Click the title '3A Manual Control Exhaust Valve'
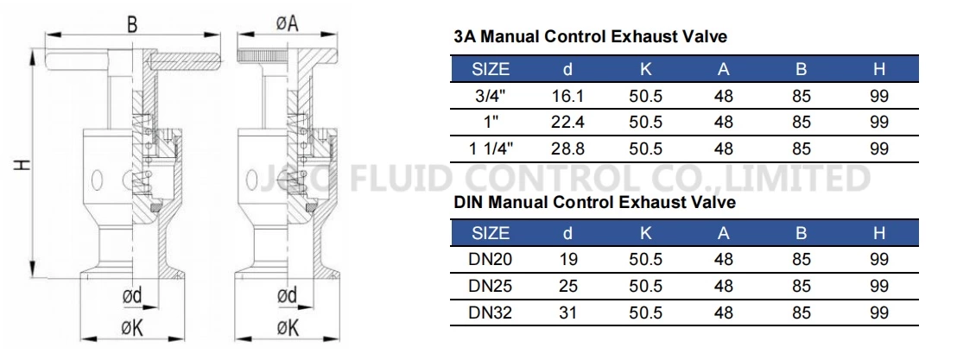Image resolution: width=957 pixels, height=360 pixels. pos(591,37)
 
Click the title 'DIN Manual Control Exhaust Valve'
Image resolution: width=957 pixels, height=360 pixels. pos(595,203)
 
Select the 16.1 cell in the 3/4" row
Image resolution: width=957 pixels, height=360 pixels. pos(567,97)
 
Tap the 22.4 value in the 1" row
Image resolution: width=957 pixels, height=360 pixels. pos(567,123)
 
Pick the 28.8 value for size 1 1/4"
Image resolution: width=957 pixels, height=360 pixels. pos(567,148)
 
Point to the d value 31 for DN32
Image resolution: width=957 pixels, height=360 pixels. pos(567,312)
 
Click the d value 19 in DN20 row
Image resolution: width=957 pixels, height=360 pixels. pos(567,260)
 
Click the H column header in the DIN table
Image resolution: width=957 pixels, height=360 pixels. pos(879,233)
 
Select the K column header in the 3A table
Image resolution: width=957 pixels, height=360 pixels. pos(645,69)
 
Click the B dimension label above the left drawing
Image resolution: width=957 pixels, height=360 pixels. pos(132,25)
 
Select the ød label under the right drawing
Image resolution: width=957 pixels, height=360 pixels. pos(287,296)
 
